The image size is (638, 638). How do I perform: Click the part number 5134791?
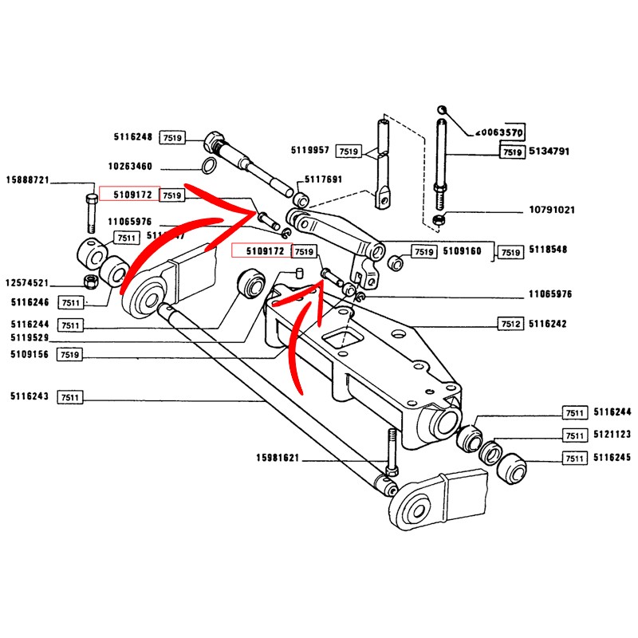[x=548, y=151]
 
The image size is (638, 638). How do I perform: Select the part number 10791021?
[x=551, y=211]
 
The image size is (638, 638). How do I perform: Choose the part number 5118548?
[x=548, y=250]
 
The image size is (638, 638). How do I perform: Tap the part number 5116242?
[x=548, y=325]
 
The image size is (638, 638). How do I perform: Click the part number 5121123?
[x=612, y=435]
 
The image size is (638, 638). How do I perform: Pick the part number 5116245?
[x=612, y=459]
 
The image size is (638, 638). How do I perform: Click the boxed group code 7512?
[x=510, y=325]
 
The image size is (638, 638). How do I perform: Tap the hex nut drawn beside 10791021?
[x=437, y=218]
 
